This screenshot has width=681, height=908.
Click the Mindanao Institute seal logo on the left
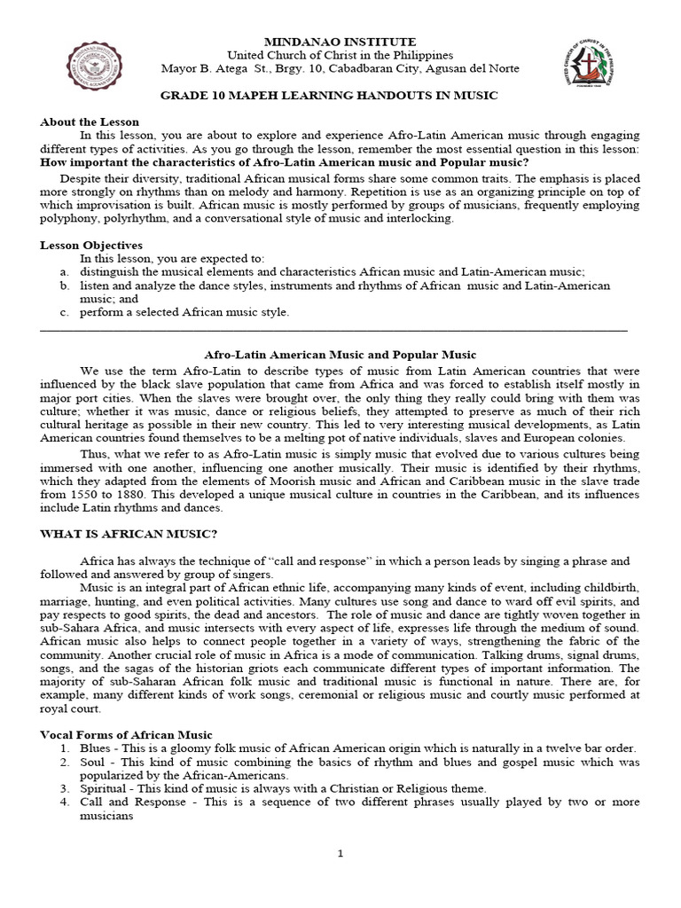(x=96, y=68)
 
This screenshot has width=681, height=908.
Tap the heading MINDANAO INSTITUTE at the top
(x=340, y=42)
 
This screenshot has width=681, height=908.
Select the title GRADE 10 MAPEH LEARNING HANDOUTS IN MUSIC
(x=340, y=95)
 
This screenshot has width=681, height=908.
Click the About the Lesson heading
(x=90, y=121)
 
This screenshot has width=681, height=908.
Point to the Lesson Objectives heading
(x=91, y=245)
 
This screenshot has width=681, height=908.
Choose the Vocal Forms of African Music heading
(x=127, y=734)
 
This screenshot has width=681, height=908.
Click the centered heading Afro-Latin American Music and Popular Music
(x=340, y=355)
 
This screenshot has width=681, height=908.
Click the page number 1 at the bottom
(x=340, y=853)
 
